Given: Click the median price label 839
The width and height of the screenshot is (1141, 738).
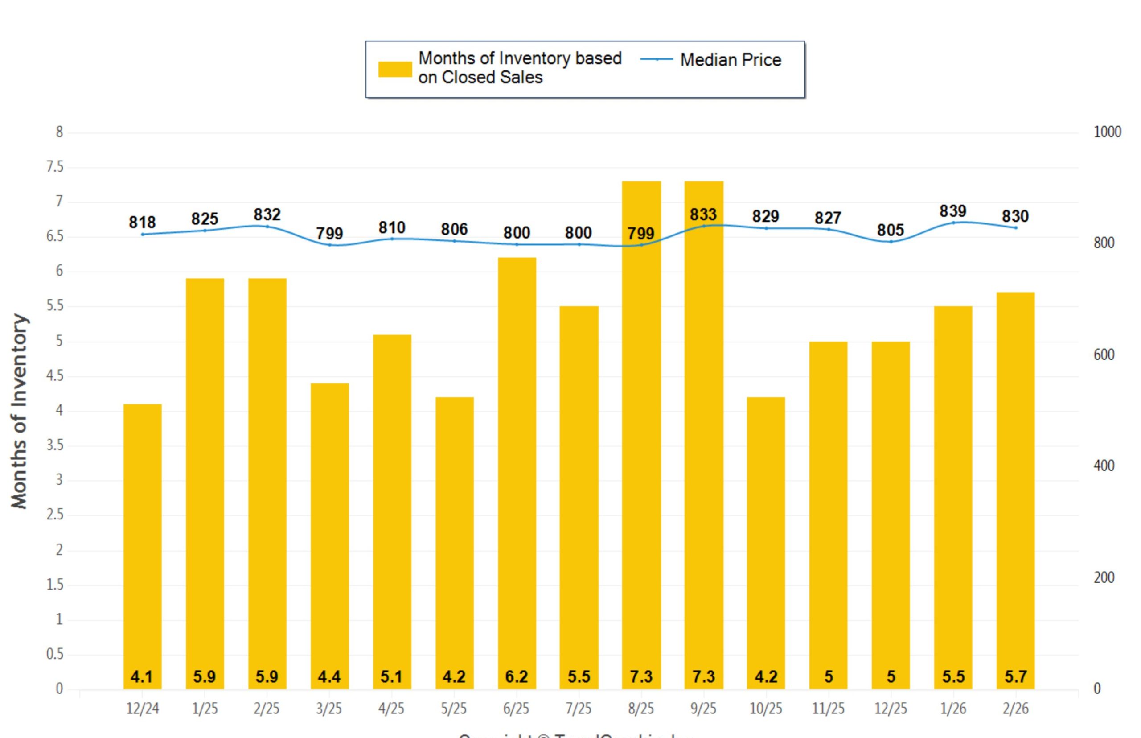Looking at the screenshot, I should pyautogui.click(x=952, y=211).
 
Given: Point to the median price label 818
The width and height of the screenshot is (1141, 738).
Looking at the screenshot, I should pyautogui.click(x=142, y=223).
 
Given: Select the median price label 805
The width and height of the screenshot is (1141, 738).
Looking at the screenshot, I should pyautogui.click(x=890, y=230).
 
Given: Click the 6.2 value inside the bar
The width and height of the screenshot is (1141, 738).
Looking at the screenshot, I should pyautogui.click(x=517, y=676).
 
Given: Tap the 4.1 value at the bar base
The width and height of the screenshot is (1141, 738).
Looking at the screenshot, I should pyautogui.click(x=142, y=676).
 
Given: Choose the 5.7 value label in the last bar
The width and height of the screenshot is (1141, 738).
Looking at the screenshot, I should pyautogui.click(x=1015, y=676).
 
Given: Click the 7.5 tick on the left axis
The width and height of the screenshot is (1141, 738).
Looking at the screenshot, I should pyautogui.click(x=55, y=167).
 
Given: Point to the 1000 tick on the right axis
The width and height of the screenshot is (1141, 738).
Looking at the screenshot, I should pyautogui.click(x=1107, y=132).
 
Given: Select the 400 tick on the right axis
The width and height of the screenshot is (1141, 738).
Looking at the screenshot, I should pyautogui.click(x=1104, y=466).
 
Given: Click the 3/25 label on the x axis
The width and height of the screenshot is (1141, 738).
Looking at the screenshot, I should pyautogui.click(x=329, y=708).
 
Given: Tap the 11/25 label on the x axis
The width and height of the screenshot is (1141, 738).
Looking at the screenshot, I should pyautogui.click(x=828, y=708).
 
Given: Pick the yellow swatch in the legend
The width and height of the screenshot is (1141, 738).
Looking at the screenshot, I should pyautogui.click(x=395, y=69).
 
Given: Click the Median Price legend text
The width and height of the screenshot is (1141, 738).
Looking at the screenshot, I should pyautogui.click(x=730, y=60).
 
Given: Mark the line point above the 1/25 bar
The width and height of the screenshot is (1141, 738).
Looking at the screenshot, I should pyautogui.click(x=205, y=231).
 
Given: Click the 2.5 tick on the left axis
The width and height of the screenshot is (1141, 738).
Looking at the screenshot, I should pyautogui.click(x=55, y=515).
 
